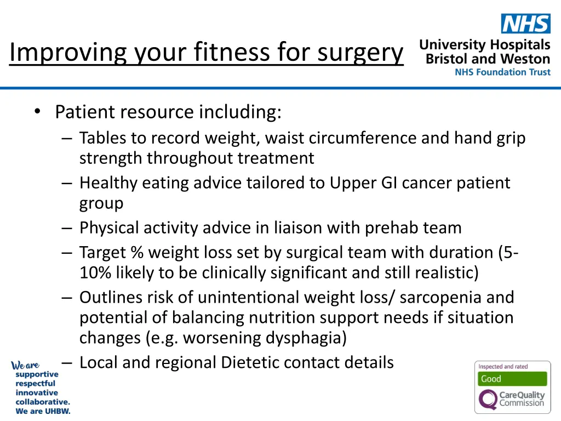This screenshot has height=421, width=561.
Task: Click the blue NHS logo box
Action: tap(525, 24)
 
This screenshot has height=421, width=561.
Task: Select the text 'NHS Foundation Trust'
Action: tap(502, 72)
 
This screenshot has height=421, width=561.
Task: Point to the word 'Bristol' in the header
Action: tap(446, 59)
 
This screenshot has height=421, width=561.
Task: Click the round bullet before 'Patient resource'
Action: tap(37, 112)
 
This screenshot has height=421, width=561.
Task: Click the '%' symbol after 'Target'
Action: tap(136, 253)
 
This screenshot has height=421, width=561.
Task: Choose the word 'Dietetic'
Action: tap(261, 362)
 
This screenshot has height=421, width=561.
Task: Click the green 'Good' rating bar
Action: tap(512, 379)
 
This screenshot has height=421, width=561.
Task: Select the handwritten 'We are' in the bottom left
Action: tap(25, 365)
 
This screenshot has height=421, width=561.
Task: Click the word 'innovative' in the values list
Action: tap(36, 392)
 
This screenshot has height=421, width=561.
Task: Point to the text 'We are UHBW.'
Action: tap(43, 411)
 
